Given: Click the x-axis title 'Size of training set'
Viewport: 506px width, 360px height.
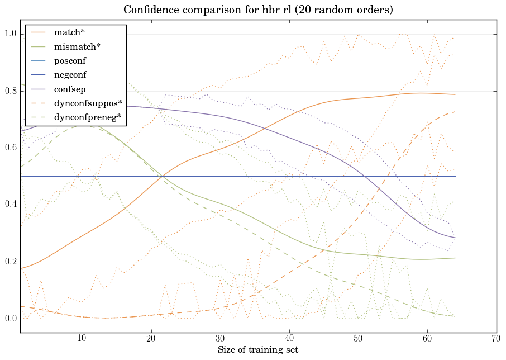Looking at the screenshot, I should [x=257, y=350].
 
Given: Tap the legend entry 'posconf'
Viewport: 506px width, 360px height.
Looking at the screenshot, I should [x=70, y=60].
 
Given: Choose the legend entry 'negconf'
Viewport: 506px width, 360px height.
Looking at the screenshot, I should [x=70, y=74].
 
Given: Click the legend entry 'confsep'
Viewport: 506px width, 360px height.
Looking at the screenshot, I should [x=69, y=88].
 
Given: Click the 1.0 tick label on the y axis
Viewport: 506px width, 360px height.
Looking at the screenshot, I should [x=11, y=34].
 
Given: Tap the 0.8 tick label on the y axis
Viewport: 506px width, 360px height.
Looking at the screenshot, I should [x=11, y=91].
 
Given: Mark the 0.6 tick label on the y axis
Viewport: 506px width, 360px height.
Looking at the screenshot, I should [x=11, y=148].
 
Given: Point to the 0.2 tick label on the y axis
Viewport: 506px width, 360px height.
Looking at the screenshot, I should [x=11, y=262].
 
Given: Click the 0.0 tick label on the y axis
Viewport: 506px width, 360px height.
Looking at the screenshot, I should [x=11, y=319].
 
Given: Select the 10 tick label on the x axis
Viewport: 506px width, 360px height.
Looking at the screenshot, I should [x=82, y=338].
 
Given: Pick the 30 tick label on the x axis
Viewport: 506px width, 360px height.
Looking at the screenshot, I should [x=220, y=338].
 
